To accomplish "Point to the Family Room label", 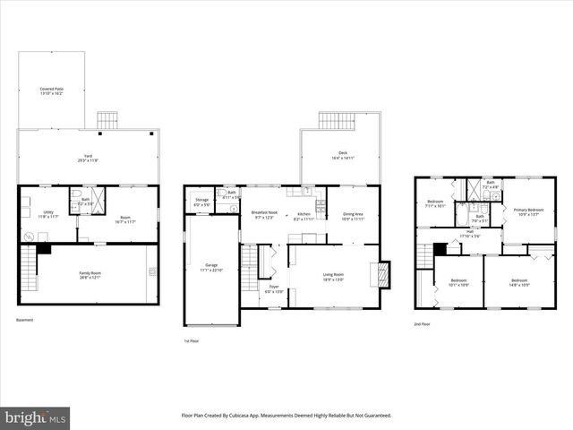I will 90,275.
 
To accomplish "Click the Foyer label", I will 274,264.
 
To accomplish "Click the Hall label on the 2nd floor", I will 470,234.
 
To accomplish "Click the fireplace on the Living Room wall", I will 386,273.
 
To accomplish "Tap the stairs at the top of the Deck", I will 338,122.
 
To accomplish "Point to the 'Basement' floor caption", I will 25,320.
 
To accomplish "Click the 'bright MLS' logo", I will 36,417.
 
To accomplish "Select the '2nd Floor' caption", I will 422,324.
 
